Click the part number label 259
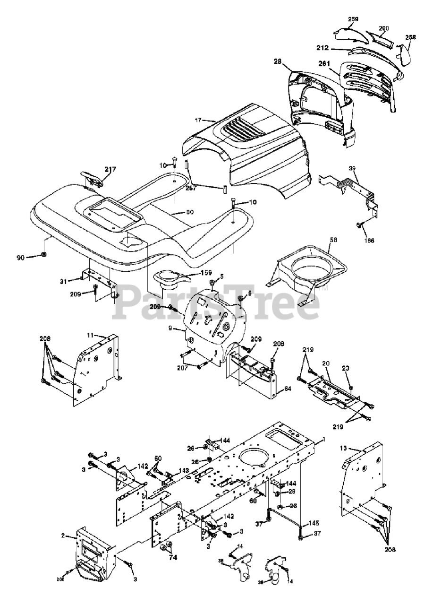point(353,19)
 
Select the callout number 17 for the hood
point(198,121)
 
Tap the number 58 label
point(333,240)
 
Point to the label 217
point(110,169)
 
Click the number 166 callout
point(369,241)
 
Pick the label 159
point(206,273)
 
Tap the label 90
point(21,257)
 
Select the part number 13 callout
point(343,447)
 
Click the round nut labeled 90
point(44,255)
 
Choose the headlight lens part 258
point(404,54)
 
